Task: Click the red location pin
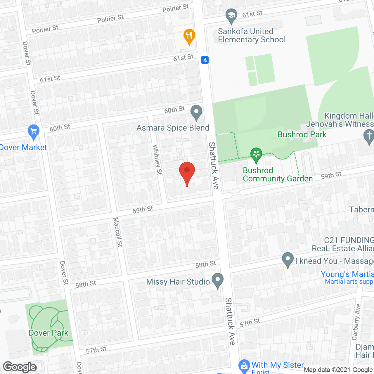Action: pyautogui.click(x=187, y=172)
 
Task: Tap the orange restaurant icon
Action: pyautogui.click(x=189, y=37)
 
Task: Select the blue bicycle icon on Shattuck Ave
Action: pyautogui.click(x=205, y=60)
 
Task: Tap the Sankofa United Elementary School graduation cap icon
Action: pyautogui.click(x=231, y=16)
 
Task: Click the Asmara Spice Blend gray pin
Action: pyautogui.click(x=196, y=112)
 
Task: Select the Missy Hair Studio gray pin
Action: pyautogui.click(x=217, y=280)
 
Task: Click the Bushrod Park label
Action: pyautogui.click(x=302, y=134)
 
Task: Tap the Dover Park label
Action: pyautogui.click(x=49, y=333)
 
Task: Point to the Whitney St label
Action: pyautogui.click(x=157, y=160)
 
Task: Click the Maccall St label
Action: pyautogui.click(x=118, y=232)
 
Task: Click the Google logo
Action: pyautogui.click(x=20, y=367)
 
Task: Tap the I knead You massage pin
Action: pyautogui.click(x=288, y=259)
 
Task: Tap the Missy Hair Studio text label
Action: pyautogui.click(x=178, y=282)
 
